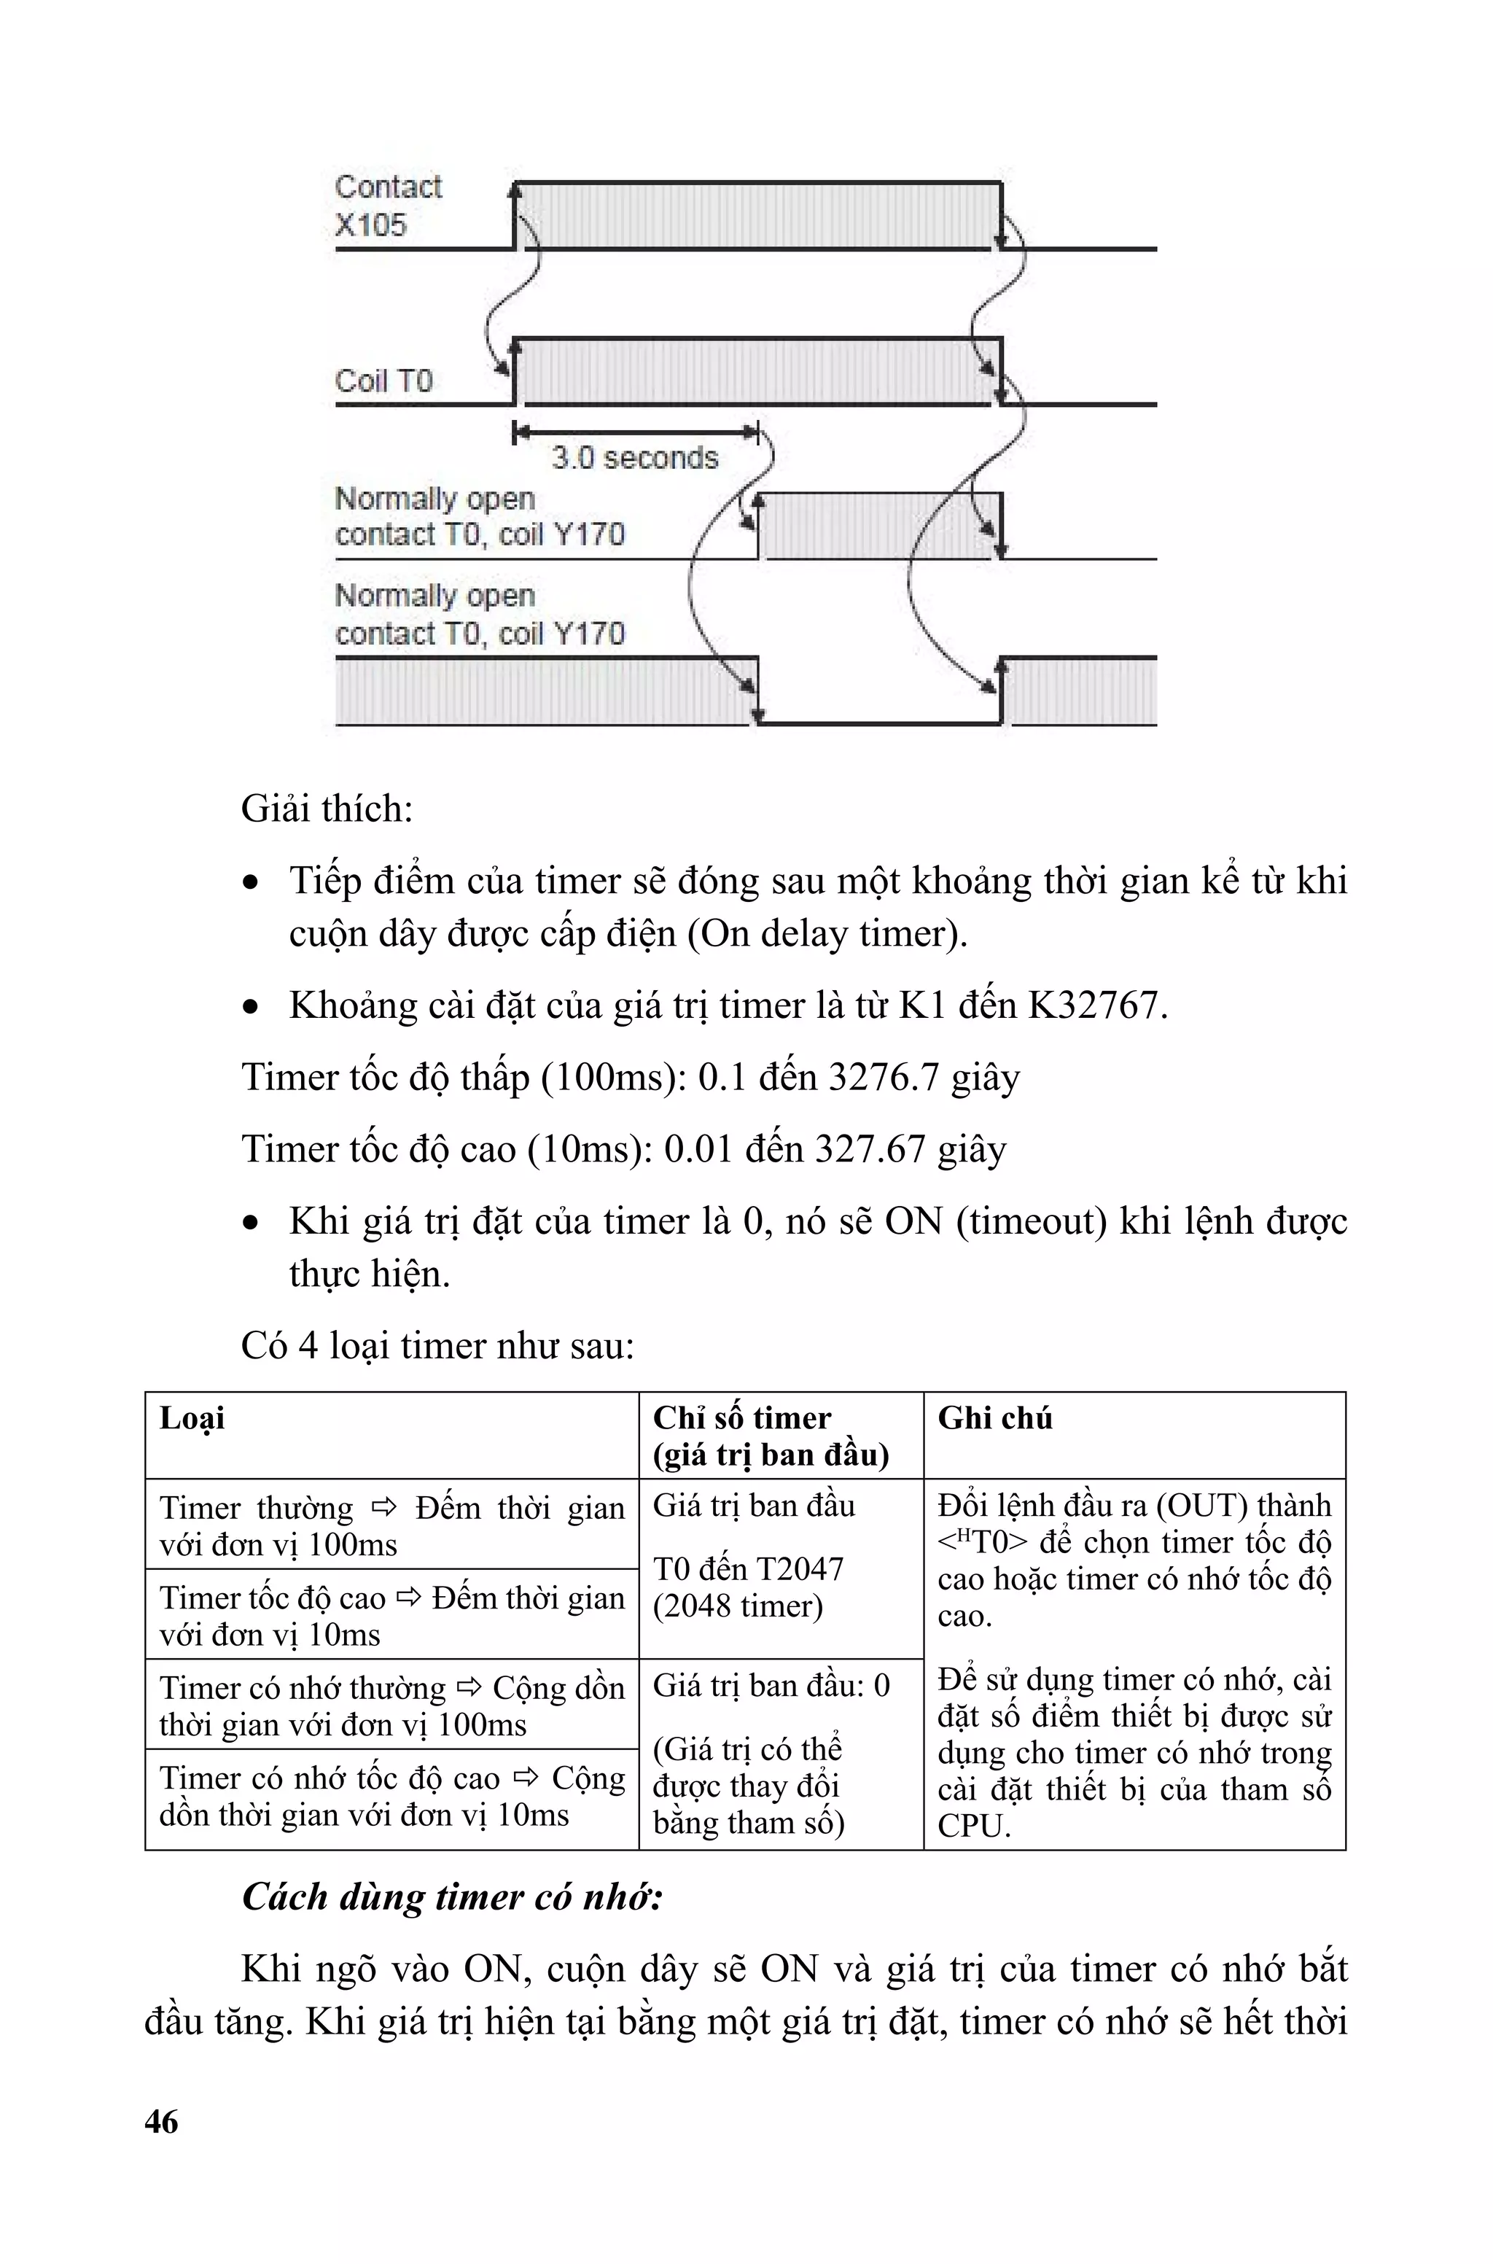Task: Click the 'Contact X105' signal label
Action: (388, 206)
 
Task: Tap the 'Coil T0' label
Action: (383, 381)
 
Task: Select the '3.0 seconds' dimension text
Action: (634, 458)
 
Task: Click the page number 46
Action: (161, 2121)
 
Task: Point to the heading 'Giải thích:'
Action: (327, 809)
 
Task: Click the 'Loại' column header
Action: (192, 1419)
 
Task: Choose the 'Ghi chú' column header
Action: (994, 1419)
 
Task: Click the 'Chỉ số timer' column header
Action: (741, 1419)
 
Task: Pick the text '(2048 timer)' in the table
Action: (737, 1606)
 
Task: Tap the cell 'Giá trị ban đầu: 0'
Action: (771, 1686)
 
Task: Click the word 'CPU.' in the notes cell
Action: (973, 1826)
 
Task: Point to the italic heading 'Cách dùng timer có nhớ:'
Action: (452, 1897)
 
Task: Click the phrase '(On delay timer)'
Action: (827, 934)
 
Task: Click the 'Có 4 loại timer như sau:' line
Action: (437, 1346)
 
